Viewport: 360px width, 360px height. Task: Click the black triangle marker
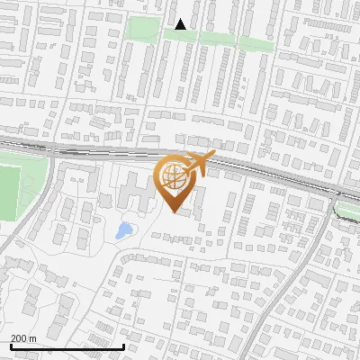[181, 24]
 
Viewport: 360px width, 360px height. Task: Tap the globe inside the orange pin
[175, 176]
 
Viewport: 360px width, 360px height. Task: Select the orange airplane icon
[198, 162]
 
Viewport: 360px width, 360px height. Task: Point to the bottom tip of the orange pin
[175, 212]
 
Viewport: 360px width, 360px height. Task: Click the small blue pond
[123, 230]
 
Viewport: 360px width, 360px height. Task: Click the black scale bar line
[67, 346]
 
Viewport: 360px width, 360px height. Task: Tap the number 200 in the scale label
[19, 337]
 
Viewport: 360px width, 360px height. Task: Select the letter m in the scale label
[32, 337]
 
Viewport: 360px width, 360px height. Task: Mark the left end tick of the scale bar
[11, 344]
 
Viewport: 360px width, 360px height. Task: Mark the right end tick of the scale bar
[124, 344]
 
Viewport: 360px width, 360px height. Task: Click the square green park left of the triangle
[142, 28]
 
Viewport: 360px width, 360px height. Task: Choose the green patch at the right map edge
[347, 209]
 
